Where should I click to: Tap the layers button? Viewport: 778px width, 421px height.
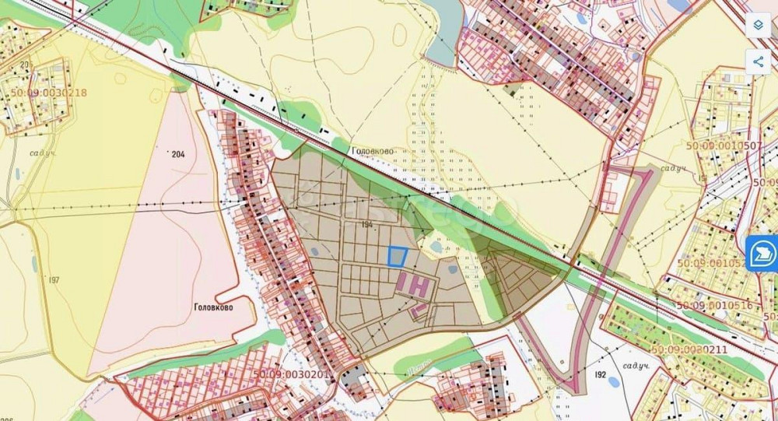click(x=758, y=24)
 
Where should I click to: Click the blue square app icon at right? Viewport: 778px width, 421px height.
click(x=762, y=254)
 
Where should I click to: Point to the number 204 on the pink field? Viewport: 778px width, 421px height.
click(x=177, y=154)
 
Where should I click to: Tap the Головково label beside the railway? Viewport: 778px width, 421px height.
click(x=373, y=152)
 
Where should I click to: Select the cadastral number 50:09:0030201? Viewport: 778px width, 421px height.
click(x=293, y=374)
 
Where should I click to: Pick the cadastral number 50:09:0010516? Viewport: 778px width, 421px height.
click(x=714, y=305)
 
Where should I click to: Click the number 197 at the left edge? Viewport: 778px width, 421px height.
click(x=54, y=279)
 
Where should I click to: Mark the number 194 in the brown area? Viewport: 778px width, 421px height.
click(x=368, y=224)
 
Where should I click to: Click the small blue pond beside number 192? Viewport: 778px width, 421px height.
click(x=614, y=382)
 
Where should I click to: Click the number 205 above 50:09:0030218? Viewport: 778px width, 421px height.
click(x=26, y=64)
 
